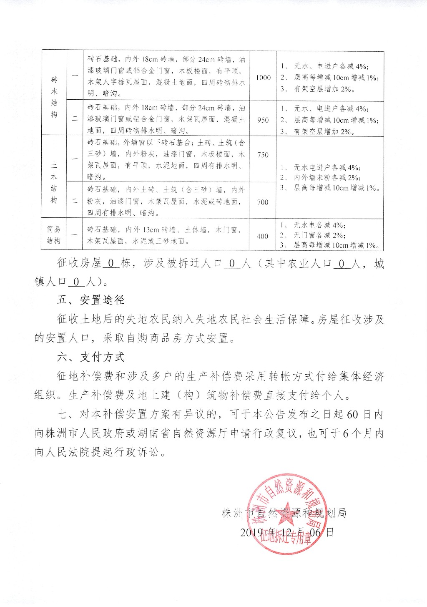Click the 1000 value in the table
click(x=263, y=78)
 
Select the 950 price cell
click(x=263, y=120)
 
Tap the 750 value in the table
click(x=263, y=155)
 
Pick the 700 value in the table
click(x=263, y=202)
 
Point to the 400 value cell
click(x=262, y=236)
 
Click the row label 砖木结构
click(x=54, y=97)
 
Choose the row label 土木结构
click(x=54, y=182)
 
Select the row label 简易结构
click(x=54, y=235)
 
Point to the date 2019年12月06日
click(x=287, y=532)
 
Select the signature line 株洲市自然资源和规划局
click(x=284, y=513)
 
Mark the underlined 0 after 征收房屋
click(x=111, y=264)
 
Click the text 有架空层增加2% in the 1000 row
click(x=324, y=89)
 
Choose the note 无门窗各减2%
click(x=319, y=235)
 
